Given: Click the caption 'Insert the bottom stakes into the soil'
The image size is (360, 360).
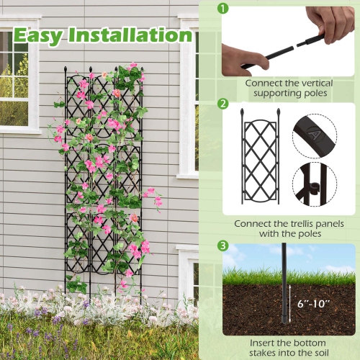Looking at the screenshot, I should pyautogui.click(x=290, y=348).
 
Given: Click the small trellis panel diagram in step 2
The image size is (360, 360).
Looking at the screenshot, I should pyautogui.click(x=260, y=158).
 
